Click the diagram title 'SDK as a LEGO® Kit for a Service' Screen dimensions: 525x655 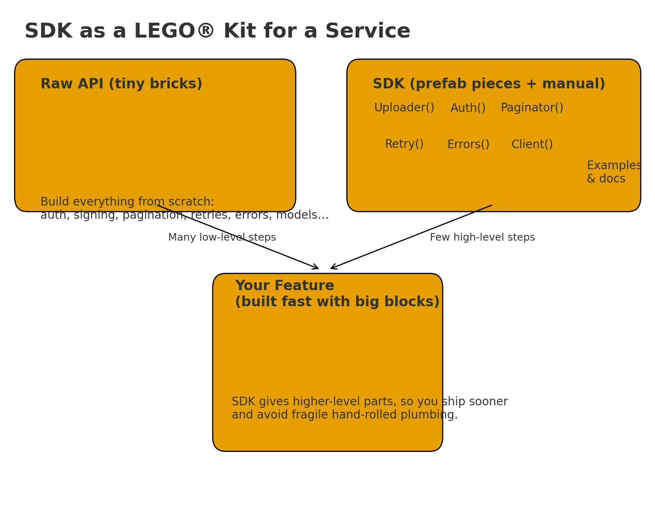pos(217,31)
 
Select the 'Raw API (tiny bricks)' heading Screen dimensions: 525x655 pos(121,84)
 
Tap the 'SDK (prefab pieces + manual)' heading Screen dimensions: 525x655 pos(488,84)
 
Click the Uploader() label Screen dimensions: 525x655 pos(404,108)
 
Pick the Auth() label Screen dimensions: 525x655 pos(468,108)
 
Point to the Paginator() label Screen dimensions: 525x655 pos(532,108)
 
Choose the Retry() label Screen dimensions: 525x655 pos(404,144)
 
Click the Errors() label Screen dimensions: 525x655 pos(468,144)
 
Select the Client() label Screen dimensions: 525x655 pos(532,144)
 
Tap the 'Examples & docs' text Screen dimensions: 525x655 pos(613,172)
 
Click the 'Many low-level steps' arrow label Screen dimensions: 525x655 pos(222,237)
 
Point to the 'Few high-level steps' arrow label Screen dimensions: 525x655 pos(482,237)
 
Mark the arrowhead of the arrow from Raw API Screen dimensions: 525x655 pos(317,268)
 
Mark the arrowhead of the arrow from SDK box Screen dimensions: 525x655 pos(332,268)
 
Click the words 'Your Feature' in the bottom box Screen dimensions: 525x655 pos(284,286)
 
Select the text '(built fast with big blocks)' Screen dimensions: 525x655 pos(337,302)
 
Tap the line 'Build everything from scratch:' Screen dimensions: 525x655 pos(127,202)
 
